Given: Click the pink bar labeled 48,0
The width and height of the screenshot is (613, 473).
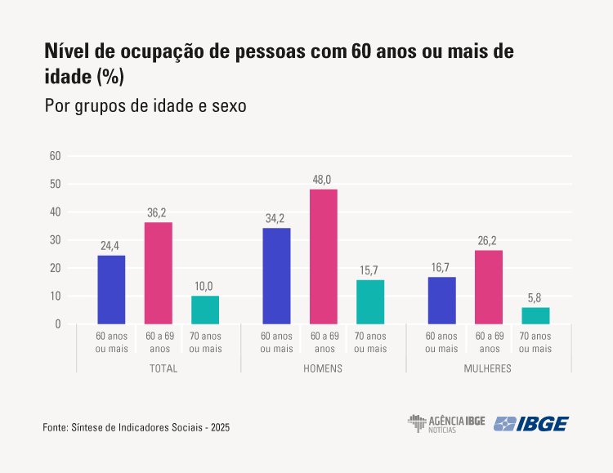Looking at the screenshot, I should coord(323,257).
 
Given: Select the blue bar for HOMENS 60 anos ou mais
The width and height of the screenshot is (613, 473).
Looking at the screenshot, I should coord(276,276).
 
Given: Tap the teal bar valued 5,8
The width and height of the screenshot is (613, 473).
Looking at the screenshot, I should coord(535,315).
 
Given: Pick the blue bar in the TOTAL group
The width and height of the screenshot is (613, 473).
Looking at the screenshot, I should coord(111,289).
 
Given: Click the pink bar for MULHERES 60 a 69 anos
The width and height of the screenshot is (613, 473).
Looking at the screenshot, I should coord(489,287).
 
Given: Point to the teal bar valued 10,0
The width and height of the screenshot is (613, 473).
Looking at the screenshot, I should coord(205,310).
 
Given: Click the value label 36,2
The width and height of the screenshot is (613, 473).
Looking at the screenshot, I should coord(159,212).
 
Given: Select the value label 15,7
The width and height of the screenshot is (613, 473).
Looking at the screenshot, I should coord(370,270).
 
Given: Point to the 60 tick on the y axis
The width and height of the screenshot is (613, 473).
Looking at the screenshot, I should coord(56,156).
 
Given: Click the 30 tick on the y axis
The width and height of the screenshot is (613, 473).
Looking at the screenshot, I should coord(56,240).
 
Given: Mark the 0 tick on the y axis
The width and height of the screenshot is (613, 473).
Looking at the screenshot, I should coord(58,324).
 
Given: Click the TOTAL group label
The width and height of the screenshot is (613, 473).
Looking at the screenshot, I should coord(163,368).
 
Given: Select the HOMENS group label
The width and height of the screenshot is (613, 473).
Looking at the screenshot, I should coord(323,368).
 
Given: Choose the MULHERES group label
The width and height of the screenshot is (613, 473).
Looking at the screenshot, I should coord(489,368).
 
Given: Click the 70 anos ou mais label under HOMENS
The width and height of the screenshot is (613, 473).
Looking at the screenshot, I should coord(370,342).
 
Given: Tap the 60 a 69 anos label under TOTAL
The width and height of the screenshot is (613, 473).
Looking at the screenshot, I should coord(159,342).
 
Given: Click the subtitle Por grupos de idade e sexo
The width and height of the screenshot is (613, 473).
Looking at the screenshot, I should coord(145,106).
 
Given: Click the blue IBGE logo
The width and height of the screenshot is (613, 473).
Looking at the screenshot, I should coord(531,423).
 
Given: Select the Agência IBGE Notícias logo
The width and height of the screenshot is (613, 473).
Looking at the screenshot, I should coord(446,423).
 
